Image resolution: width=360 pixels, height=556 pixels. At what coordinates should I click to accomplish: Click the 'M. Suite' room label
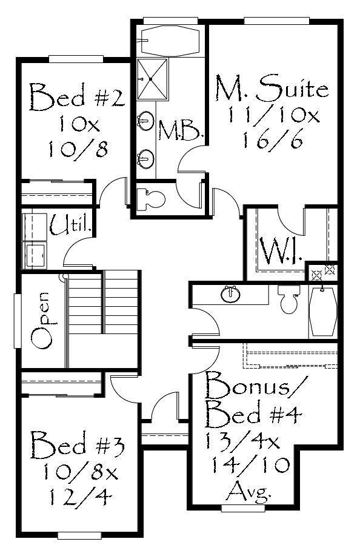272,87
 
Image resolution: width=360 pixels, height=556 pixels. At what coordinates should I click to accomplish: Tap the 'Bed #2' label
77,97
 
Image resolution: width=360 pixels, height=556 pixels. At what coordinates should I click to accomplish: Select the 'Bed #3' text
77,444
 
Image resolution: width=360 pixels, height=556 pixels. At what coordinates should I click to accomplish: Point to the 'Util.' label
71,226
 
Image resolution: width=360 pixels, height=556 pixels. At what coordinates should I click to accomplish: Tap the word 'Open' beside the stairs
41,319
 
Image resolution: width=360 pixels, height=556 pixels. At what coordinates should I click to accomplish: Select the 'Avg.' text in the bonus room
249,492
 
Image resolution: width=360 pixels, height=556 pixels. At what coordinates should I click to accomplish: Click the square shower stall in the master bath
152,79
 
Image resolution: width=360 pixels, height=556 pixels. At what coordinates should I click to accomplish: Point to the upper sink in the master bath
145,120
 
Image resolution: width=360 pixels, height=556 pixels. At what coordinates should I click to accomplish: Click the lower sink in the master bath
145,158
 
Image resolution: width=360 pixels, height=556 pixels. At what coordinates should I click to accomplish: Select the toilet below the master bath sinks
151,199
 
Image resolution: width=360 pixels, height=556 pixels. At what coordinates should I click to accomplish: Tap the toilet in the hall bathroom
289,299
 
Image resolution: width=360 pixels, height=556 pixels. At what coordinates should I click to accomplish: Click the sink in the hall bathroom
231,294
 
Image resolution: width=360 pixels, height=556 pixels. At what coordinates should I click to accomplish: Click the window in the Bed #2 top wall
76,59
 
